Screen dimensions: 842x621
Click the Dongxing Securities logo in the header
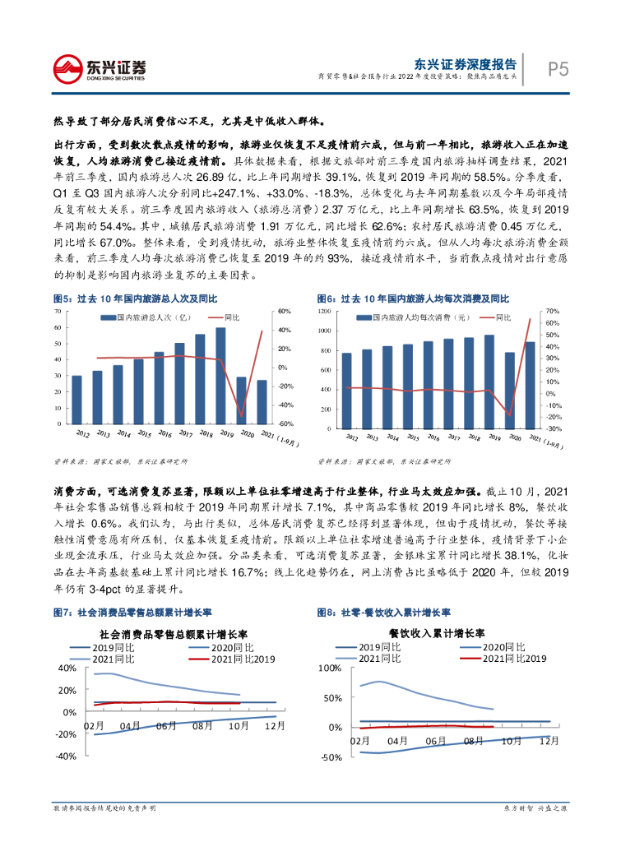click(x=100, y=67)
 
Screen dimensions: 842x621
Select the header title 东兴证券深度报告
click(x=465, y=62)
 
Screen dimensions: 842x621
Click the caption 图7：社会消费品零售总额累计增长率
click(x=132, y=613)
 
